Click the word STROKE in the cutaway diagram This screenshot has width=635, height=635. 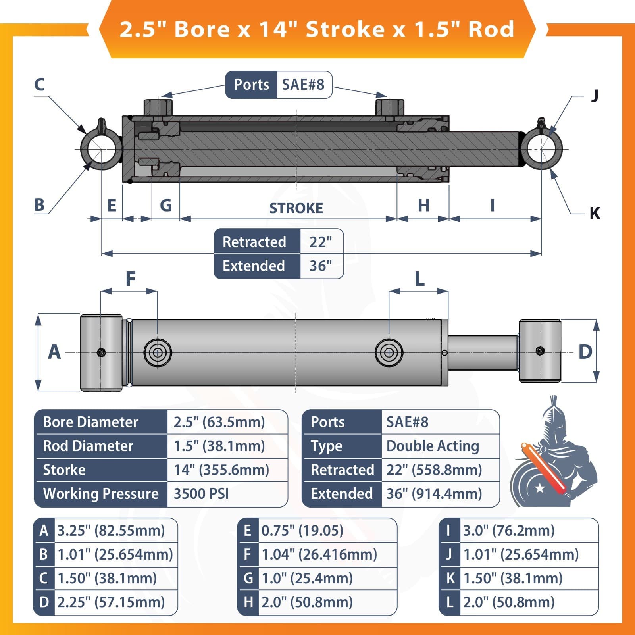(x=296, y=208)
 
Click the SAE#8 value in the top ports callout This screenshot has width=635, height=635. (x=303, y=85)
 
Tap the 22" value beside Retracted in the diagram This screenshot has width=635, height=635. (x=321, y=242)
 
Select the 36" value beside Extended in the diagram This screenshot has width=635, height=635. (x=321, y=266)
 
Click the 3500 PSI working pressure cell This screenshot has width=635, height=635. (x=202, y=494)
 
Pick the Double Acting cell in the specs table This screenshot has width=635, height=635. (x=433, y=446)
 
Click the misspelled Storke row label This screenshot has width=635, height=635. (x=64, y=470)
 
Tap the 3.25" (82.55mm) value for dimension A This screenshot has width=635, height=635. (x=111, y=531)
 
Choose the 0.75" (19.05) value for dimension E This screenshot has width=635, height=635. (x=302, y=531)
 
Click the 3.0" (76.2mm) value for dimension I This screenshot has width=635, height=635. (x=509, y=531)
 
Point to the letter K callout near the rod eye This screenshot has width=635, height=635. (x=595, y=214)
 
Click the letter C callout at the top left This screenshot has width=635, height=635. (x=39, y=85)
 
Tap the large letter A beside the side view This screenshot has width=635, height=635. (x=54, y=352)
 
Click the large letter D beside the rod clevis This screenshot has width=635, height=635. (x=585, y=352)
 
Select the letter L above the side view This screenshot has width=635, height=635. (x=419, y=279)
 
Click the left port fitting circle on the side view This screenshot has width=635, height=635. (x=158, y=352)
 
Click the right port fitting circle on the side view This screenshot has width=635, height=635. (x=389, y=352)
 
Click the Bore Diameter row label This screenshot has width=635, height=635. (x=90, y=422)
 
